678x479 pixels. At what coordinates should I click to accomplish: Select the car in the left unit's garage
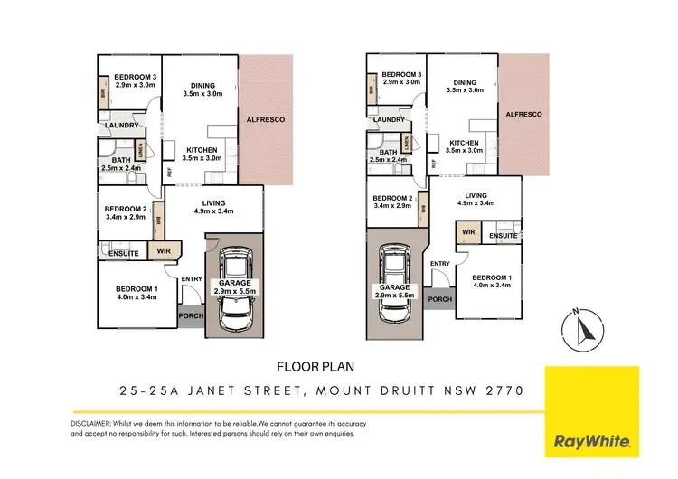point(235,289)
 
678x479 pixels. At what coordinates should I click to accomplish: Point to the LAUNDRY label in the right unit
point(388,120)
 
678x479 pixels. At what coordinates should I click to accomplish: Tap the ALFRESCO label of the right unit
point(523,115)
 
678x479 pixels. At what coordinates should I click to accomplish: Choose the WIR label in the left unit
point(165,251)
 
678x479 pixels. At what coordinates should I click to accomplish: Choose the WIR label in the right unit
point(468,232)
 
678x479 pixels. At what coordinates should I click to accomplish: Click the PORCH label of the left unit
point(192,315)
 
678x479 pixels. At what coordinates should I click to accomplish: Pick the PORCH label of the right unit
point(439,299)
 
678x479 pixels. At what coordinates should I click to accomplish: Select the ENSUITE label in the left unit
point(123,254)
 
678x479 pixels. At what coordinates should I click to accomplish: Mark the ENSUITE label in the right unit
point(504,236)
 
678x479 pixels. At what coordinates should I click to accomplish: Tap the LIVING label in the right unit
point(476,195)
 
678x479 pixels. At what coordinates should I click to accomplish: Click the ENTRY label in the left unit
point(192,278)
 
